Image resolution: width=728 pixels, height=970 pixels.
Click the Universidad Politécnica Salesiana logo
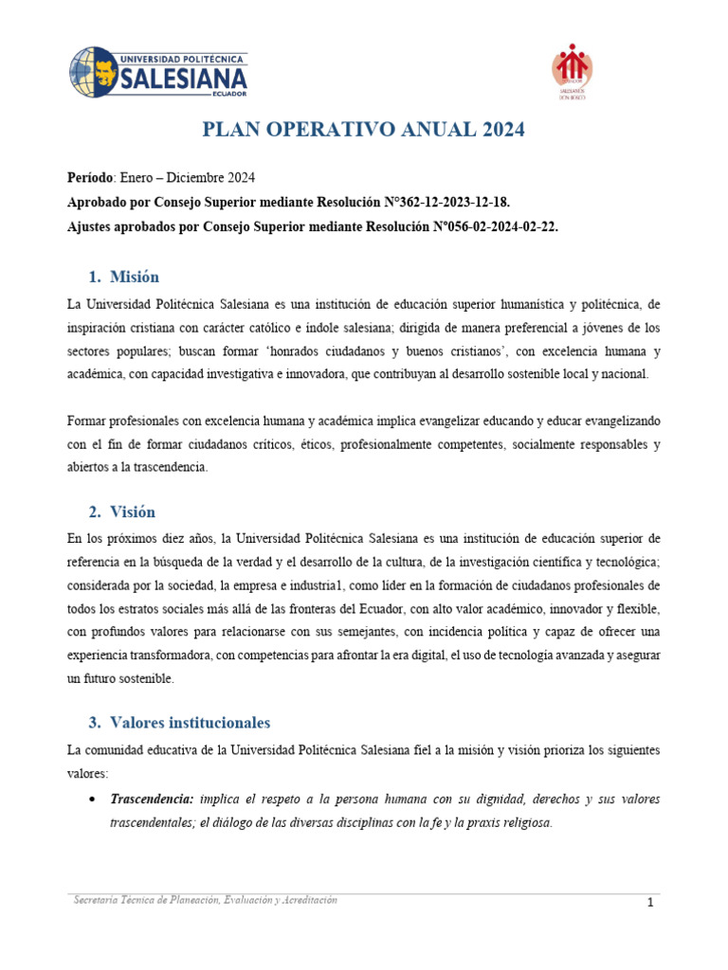(158, 73)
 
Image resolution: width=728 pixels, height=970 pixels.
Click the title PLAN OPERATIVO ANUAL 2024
(364, 130)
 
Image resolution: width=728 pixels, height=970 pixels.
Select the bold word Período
(90, 178)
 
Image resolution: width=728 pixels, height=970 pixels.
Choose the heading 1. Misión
(123, 277)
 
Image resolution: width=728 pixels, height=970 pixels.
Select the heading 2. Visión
(121, 512)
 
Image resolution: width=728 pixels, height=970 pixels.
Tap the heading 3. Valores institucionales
(179, 722)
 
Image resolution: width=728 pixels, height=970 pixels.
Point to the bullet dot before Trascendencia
(90, 800)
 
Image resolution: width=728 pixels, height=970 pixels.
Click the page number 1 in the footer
(651, 904)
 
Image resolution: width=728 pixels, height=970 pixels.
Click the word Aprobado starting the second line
(99, 203)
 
